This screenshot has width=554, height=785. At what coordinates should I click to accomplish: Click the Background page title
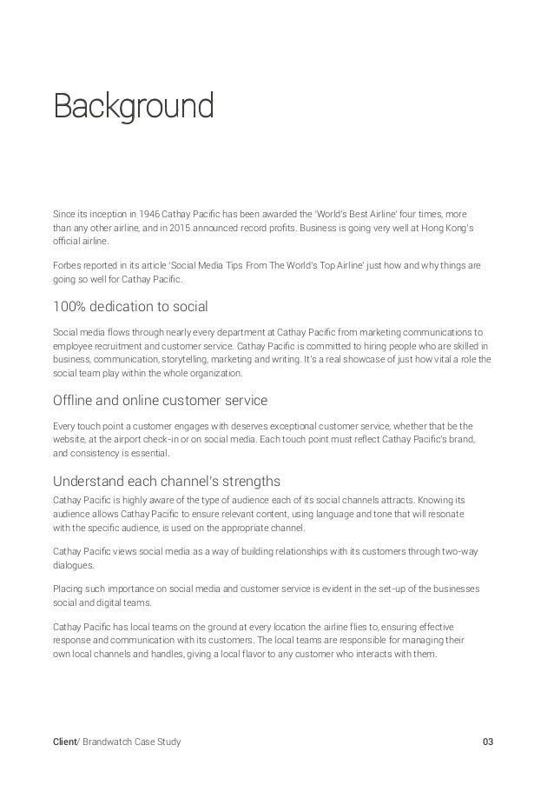tap(133, 108)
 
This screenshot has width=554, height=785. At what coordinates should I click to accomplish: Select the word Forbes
tap(67, 264)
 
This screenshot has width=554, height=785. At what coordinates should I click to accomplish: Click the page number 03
tap(487, 741)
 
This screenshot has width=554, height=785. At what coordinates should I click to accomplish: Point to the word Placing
tap(68, 588)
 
